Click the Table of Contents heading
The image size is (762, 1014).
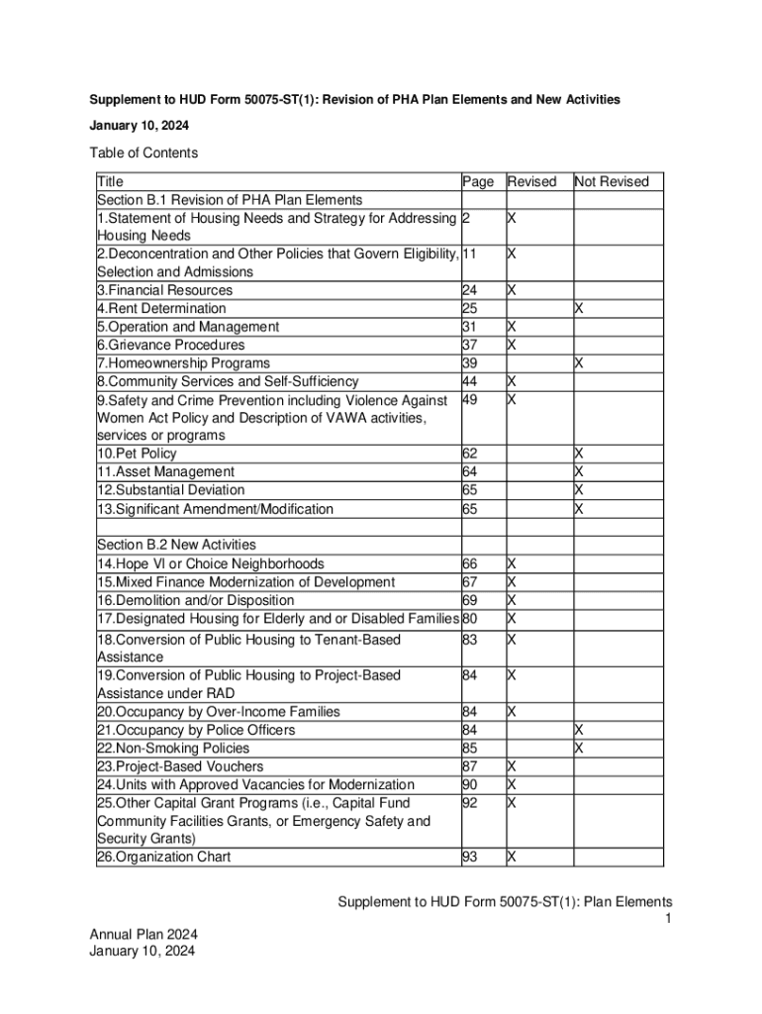click(x=143, y=152)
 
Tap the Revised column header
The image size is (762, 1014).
click(x=532, y=181)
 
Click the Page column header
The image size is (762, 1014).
click(x=478, y=181)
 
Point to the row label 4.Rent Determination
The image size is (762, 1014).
click(x=161, y=308)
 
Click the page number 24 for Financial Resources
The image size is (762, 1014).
click(x=470, y=290)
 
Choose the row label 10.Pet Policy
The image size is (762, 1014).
click(x=137, y=454)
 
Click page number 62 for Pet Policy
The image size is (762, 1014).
click(x=470, y=454)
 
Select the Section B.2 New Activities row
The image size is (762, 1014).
click(x=176, y=545)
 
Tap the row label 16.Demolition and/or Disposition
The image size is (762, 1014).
click(x=195, y=600)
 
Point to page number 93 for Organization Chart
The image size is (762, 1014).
click(x=470, y=857)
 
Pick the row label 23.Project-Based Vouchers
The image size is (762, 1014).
click(x=180, y=765)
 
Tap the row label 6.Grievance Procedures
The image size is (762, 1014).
click(x=170, y=345)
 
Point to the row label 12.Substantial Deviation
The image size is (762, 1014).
click(x=170, y=490)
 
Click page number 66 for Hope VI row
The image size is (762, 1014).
click(x=470, y=563)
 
